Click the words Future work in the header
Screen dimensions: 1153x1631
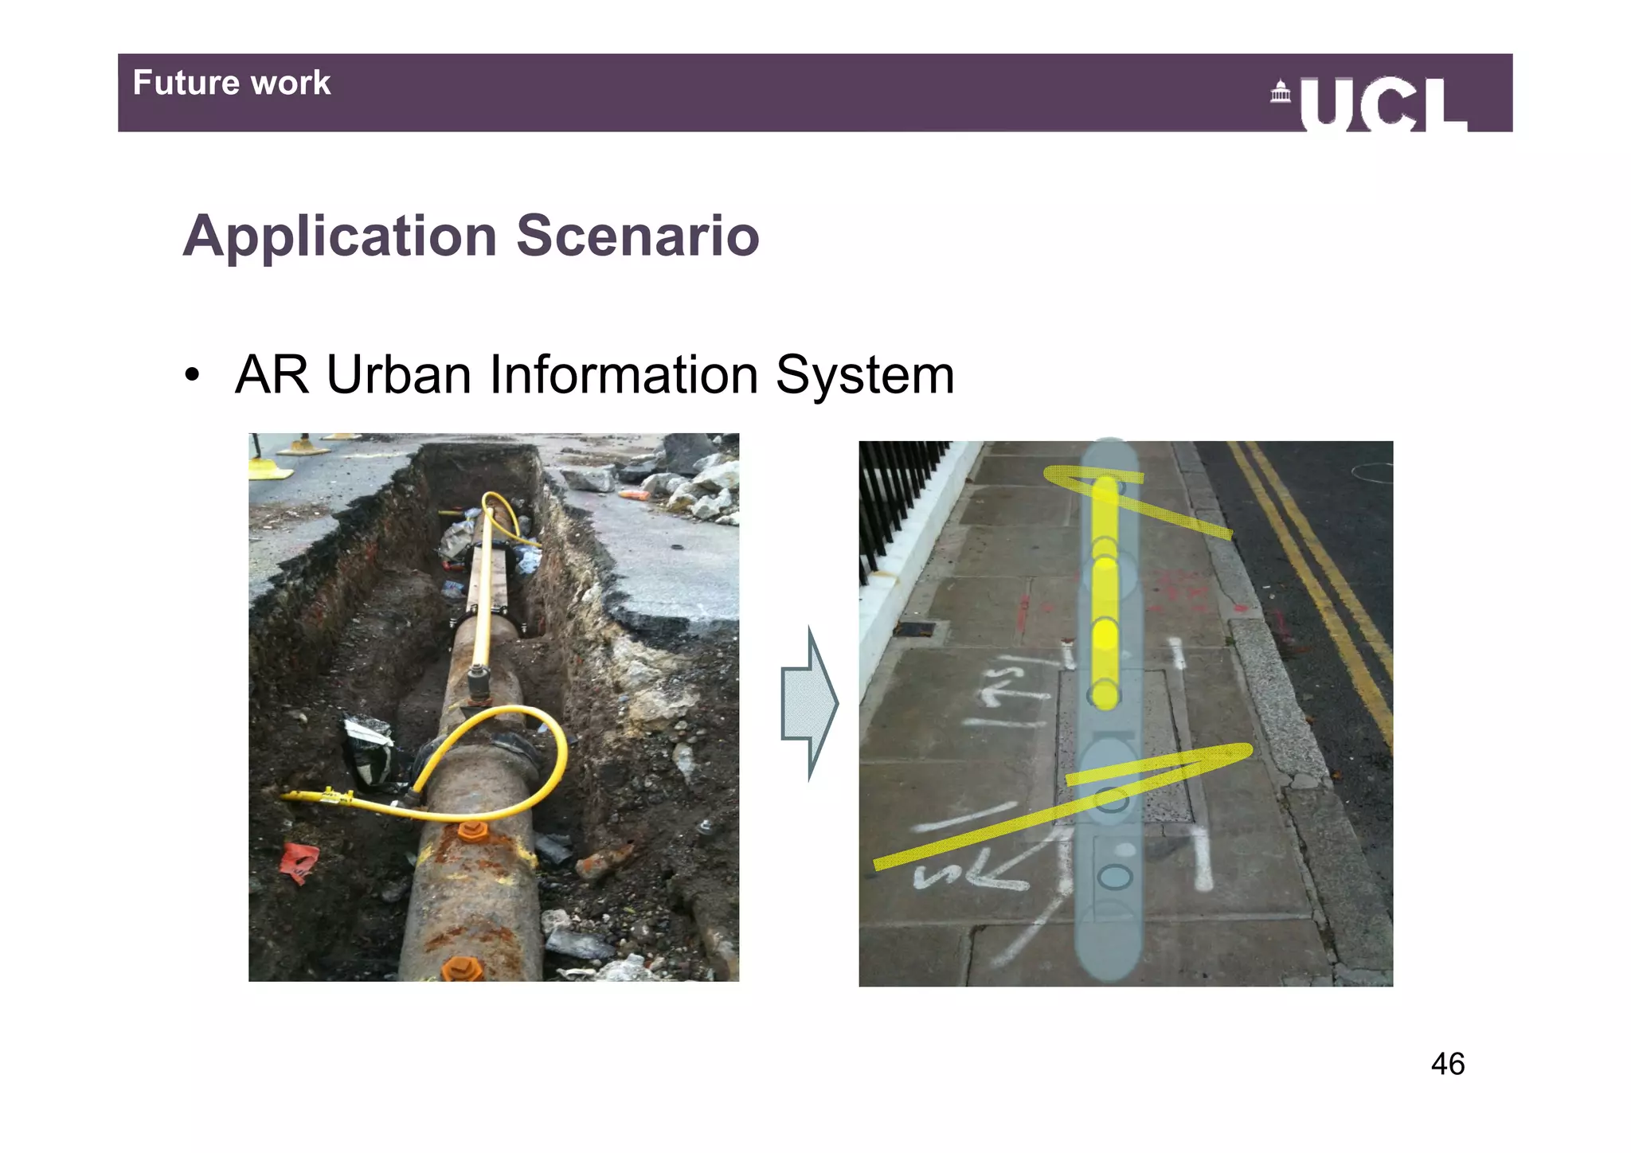(231, 83)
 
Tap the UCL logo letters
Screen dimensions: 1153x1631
(1383, 104)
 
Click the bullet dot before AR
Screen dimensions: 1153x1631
(191, 376)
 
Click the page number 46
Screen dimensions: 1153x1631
(1447, 1064)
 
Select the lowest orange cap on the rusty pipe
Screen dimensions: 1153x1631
(462, 969)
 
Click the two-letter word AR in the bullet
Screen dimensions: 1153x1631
(272, 374)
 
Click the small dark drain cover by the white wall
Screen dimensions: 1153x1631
(916, 629)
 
